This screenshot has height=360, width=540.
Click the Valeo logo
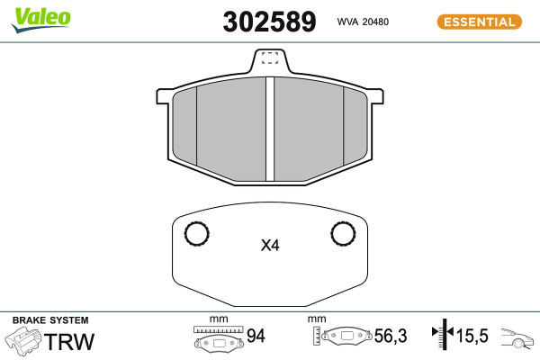[41, 21]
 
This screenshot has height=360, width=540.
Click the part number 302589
[269, 22]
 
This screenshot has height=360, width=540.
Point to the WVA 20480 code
[363, 22]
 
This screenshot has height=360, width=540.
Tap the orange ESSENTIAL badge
[480, 22]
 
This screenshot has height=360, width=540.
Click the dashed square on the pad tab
[270, 58]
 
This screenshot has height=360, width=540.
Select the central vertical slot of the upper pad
[270, 129]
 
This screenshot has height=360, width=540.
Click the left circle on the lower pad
[196, 234]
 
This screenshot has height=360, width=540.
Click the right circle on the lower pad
[343, 233]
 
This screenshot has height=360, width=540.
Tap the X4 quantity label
[270, 246]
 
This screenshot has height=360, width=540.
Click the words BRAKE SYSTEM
[50, 320]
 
